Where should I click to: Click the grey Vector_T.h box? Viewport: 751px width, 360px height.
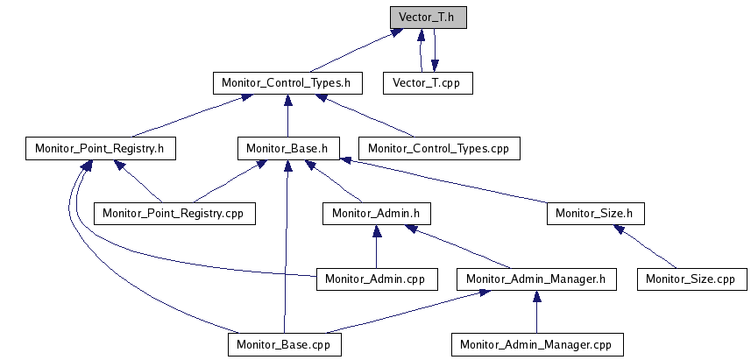pos(429,18)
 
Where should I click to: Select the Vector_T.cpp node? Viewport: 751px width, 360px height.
pos(428,83)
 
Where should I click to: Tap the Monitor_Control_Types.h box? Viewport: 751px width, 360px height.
pos(287,83)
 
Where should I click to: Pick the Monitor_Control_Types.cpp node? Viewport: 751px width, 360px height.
pos(438,148)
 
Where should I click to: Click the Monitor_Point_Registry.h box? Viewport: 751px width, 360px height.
pos(101,148)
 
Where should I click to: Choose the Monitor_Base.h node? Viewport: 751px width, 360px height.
pos(288,148)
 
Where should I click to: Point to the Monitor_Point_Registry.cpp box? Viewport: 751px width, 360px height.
pos(173,213)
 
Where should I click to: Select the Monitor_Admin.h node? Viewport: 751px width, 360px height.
pos(377,213)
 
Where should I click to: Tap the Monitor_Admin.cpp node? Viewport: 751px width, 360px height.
pos(376,279)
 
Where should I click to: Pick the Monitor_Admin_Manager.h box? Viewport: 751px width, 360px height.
pos(536,279)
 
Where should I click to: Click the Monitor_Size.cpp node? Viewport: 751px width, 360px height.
pos(691,279)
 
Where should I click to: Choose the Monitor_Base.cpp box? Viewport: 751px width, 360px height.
pos(285,344)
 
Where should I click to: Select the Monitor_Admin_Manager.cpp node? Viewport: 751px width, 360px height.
pos(536,344)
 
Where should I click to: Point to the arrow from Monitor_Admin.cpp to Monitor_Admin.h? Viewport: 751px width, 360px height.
pos(376,246)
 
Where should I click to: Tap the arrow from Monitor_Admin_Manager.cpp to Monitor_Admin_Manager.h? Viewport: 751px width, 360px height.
pos(536,312)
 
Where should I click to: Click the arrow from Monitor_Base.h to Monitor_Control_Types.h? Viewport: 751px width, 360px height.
pos(287,116)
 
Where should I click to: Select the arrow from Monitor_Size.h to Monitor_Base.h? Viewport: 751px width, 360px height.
pos(447,181)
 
